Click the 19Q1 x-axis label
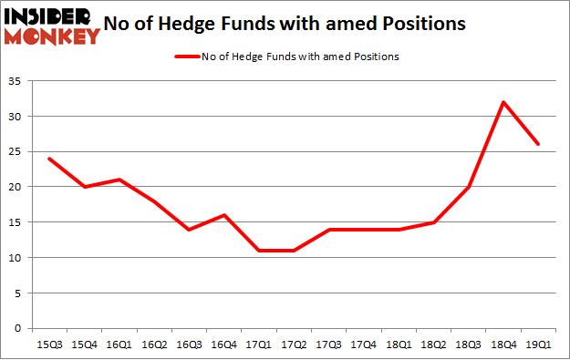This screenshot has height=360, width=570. tap(538, 345)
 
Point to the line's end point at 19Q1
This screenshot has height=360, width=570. tap(538, 145)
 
